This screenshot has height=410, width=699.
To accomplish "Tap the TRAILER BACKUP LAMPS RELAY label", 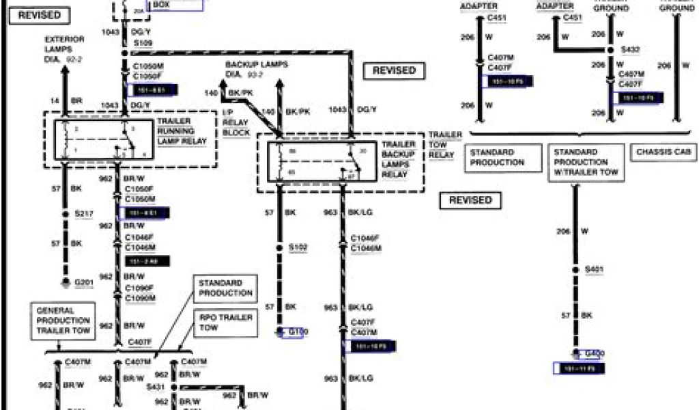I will coord(399,159).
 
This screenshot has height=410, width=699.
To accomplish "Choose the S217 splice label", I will coord(83,214).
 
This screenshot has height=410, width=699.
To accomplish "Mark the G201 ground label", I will coord(83,282).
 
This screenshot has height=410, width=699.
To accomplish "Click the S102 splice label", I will coord(298,247).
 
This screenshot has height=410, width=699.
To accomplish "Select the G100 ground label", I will coord(298,332).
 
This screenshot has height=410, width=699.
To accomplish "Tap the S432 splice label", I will coord(630,50).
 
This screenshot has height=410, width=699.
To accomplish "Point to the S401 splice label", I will coord(595,270).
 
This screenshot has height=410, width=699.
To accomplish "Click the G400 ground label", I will coord(595,353).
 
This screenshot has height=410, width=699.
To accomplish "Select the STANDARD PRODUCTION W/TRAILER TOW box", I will coord(586,163).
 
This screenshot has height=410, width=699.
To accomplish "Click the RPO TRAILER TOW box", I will coord(225,323).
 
